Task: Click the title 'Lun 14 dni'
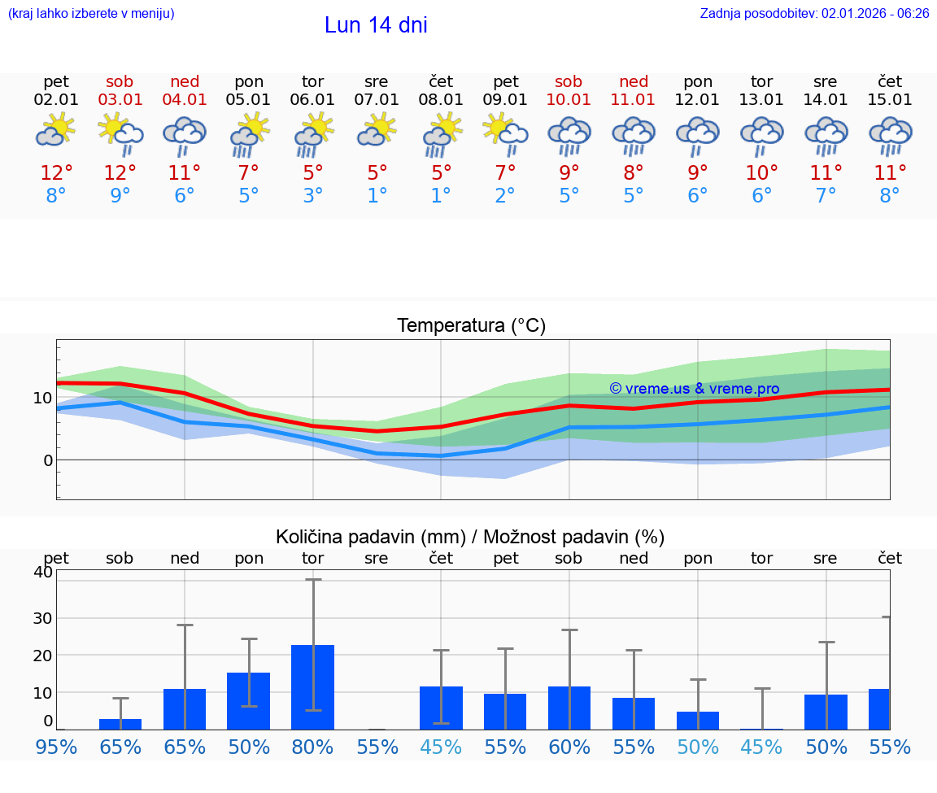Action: click(376, 25)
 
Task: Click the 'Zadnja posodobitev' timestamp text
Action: click(814, 14)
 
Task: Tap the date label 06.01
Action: click(312, 100)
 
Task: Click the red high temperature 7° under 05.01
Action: click(248, 173)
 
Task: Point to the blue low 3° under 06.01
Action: click(312, 196)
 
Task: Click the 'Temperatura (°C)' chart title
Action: click(471, 326)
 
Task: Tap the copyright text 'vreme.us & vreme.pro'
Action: click(695, 389)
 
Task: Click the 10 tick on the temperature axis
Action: click(43, 398)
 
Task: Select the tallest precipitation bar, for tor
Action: click(312, 687)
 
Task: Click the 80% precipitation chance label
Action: click(312, 747)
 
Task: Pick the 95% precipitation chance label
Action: click(56, 747)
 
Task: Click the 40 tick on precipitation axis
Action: click(43, 572)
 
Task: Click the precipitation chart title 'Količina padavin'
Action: click(470, 537)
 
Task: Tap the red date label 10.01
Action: click(569, 100)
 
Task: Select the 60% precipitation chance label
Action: click(569, 747)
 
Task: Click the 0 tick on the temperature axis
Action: click(48, 460)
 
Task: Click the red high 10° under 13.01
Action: click(761, 173)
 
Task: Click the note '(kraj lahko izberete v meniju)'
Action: click(91, 14)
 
